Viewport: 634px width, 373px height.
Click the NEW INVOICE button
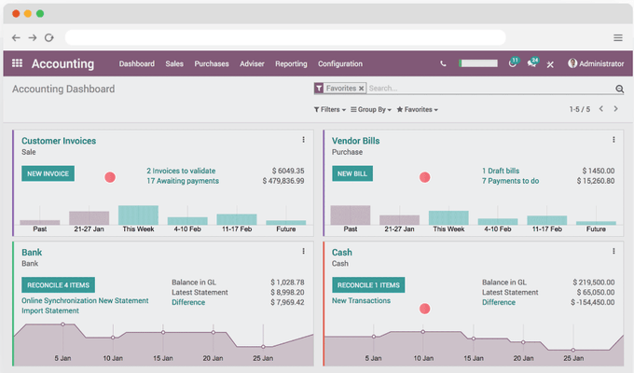pyautogui.click(x=48, y=173)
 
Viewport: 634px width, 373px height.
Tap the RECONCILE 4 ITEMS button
pyautogui.click(x=58, y=285)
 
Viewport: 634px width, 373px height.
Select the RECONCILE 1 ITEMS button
pyautogui.click(x=368, y=285)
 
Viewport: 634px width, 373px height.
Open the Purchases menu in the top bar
pyautogui.click(x=212, y=64)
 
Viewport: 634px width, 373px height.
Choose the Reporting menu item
pyautogui.click(x=291, y=64)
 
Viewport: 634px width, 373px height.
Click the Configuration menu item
pyautogui.click(x=340, y=64)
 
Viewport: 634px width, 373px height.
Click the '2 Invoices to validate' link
pyautogui.click(x=181, y=171)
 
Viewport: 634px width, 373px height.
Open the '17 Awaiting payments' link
pyautogui.click(x=183, y=181)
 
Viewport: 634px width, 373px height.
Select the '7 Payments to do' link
pyautogui.click(x=510, y=181)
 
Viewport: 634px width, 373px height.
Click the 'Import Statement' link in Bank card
pyautogui.click(x=50, y=311)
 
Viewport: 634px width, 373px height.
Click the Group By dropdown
pyautogui.click(x=371, y=109)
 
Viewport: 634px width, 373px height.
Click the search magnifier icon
pyautogui.click(x=619, y=89)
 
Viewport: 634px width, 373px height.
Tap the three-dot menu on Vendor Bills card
pyautogui.click(x=613, y=140)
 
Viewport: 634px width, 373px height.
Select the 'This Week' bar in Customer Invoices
pyautogui.click(x=138, y=215)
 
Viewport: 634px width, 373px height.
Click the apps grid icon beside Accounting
pyautogui.click(x=17, y=64)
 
